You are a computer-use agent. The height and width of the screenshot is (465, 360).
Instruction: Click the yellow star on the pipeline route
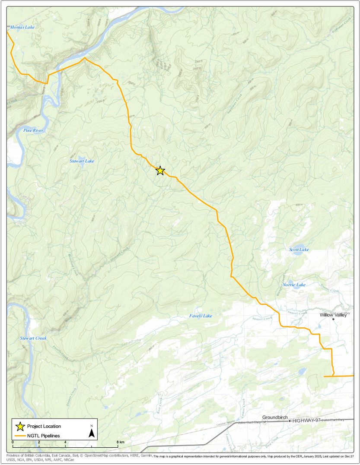coord(160,171)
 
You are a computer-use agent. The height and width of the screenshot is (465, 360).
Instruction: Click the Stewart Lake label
coord(82,161)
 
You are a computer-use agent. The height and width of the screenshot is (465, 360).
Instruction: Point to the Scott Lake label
coord(299,250)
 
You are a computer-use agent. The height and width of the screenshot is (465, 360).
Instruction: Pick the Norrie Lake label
coord(294,285)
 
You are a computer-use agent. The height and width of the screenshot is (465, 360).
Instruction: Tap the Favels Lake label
coord(201,316)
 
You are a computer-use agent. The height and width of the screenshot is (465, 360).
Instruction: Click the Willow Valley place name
coord(334,315)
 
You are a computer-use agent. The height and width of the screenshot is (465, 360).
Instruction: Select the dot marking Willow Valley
coord(333,319)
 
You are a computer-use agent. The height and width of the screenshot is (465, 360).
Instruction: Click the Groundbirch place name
coord(275,418)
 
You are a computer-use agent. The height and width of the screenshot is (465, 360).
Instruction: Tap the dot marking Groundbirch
coord(290,421)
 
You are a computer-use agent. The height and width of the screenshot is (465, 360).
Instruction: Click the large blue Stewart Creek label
coord(33,338)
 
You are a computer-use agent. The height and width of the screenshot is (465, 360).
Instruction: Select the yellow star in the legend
coord(20,427)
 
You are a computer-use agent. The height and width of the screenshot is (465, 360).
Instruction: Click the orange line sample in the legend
coord(20,436)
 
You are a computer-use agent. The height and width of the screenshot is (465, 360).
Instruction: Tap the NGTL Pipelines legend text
coord(43,436)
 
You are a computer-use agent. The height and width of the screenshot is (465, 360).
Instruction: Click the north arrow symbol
coord(92,433)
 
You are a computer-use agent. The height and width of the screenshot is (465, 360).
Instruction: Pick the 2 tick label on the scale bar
coord(39,443)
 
